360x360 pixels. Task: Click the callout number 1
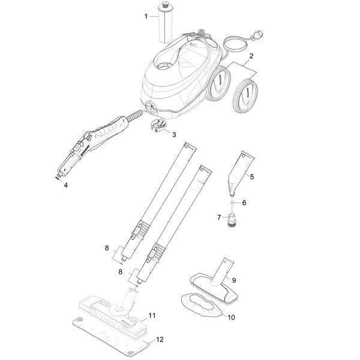[x=146, y=17]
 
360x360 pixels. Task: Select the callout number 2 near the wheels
[x=251, y=56]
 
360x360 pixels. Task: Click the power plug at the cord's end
[x=257, y=35]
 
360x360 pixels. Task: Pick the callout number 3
[x=174, y=134]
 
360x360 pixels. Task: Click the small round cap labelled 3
[x=158, y=125]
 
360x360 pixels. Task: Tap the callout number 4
[x=66, y=185]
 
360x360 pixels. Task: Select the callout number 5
[x=252, y=177]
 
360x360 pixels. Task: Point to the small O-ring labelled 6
[x=232, y=203]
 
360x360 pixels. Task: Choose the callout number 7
[x=219, y=217]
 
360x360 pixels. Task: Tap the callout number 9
[x=234, y=280]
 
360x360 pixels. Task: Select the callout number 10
[x=231, y=317]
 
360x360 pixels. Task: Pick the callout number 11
[x=152, y=316]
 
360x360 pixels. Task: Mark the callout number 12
[x=160, y=340]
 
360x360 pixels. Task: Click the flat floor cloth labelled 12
[x=110, y=337]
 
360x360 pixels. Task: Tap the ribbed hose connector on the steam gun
[x=134, y=115]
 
